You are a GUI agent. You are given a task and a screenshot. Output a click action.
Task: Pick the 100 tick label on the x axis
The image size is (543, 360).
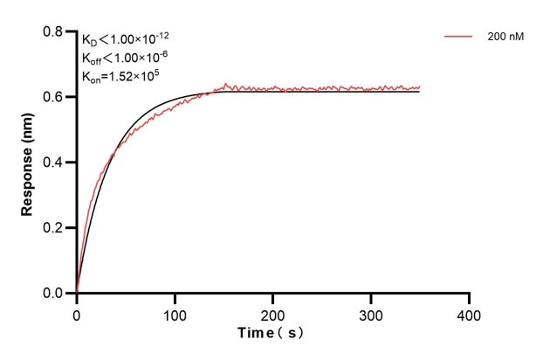click(175, 314)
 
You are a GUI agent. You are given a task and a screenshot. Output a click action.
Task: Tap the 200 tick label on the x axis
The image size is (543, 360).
click(273, 314)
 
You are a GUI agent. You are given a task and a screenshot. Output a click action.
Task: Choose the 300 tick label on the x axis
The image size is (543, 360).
click(372, 314)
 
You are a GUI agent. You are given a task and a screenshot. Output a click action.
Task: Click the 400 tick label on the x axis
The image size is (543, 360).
click(470, 314)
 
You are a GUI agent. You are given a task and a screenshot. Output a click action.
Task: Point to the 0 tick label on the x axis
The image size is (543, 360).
click(77, 314)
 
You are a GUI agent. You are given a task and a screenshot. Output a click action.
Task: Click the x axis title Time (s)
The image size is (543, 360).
click(271, 334)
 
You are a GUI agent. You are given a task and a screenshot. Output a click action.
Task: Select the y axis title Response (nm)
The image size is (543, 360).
click(28, 163)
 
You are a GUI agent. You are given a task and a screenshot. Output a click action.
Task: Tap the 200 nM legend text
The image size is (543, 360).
click(507, 38)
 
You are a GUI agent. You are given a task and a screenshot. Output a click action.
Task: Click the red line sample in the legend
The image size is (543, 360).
click(458, 38)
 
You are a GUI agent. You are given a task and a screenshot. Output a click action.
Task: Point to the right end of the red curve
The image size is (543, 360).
click(420, 87)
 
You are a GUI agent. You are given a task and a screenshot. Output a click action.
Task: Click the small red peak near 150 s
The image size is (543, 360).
click(226, 84)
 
